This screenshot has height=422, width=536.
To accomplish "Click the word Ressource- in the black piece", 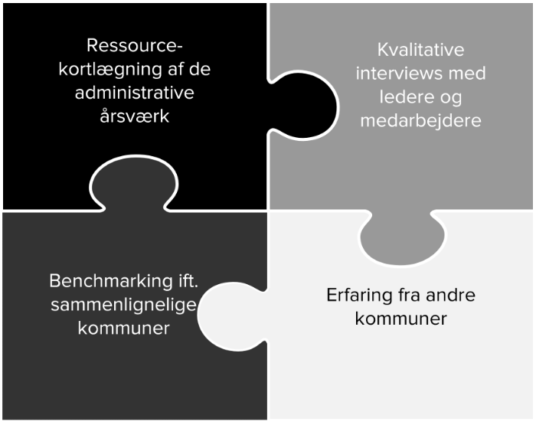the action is point(135,45).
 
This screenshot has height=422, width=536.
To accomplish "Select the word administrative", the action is point(134,93).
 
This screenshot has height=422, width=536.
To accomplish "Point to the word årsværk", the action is point(134,116).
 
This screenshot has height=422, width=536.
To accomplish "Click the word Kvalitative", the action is point(421,50).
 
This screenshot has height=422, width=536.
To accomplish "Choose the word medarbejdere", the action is point(421,121).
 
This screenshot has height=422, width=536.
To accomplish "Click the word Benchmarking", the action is point(111,282).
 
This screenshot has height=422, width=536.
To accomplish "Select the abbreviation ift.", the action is point(188,281).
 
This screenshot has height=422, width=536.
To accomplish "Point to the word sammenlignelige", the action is point(123,306).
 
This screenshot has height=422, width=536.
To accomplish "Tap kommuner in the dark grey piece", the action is point(124,329).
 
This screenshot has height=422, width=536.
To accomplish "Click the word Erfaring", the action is point(359,296).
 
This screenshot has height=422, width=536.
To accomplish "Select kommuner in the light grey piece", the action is point(401,319).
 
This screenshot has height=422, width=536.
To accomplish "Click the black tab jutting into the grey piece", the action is point(302,106).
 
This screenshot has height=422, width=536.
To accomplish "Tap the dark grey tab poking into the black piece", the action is point(134,182).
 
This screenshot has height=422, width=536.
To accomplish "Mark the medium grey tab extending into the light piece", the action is point(402,237).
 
